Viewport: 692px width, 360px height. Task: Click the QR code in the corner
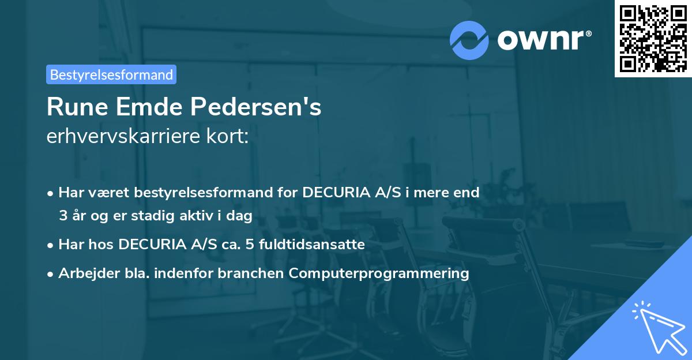pyautogui.click(x=653, y=39)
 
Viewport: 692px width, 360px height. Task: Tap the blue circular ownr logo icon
pyautogui.click(x=469, y=40)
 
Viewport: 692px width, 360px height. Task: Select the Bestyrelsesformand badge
pyautogui.click(x=111, y=74)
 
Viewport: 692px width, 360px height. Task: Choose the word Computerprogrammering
pyautogui.click(x=379, y=273)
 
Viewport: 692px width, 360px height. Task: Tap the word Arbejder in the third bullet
pyautogui.click(x=84, y=273)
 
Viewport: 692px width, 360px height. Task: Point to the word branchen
pyautogui.click(x=257, y=273)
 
